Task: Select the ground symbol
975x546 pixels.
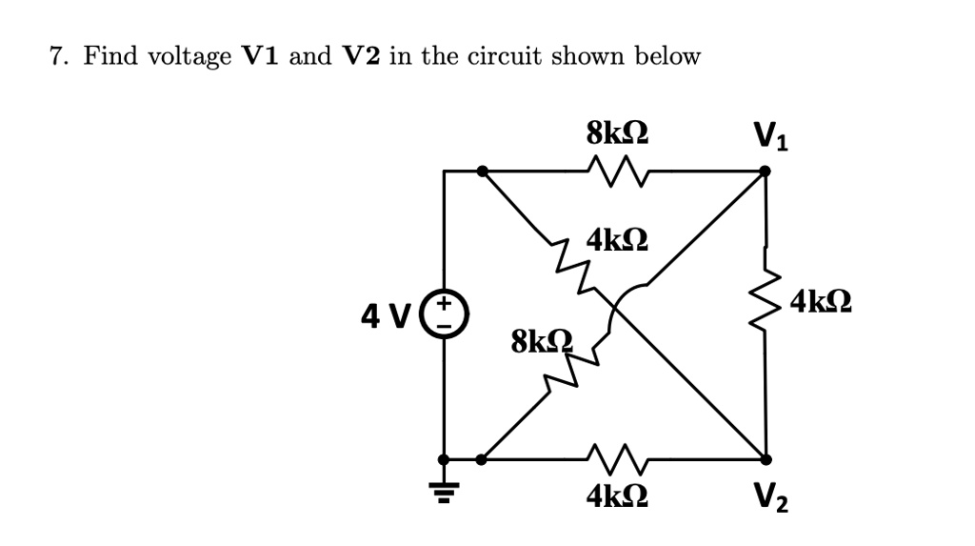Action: pos(443,490)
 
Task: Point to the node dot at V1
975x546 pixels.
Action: pos(765,172)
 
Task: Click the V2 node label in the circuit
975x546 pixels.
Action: pos(770,496)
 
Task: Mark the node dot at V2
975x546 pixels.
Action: pos(765,458)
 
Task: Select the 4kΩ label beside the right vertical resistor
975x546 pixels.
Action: pos(820,304)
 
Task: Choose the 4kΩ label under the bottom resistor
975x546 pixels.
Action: pos(618,495)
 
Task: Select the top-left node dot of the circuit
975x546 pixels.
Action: pos(483,172)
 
